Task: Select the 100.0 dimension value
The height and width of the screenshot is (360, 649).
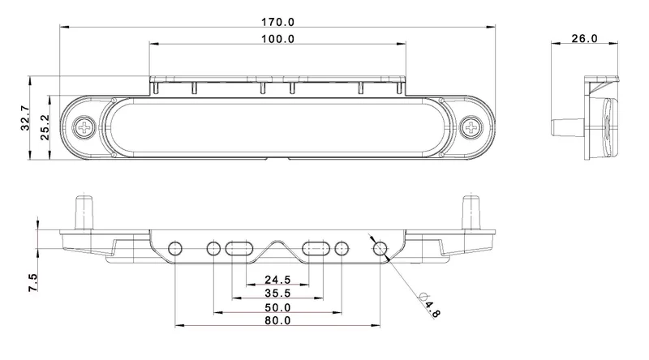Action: [x=278, y=39]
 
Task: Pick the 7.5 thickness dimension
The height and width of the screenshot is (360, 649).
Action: [x=33, y=283]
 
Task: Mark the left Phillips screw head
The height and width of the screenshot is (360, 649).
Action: [x=84, y=127]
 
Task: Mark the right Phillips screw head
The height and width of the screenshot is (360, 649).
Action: [x=471, y=127]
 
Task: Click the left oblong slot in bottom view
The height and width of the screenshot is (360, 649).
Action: [x=239, y=247]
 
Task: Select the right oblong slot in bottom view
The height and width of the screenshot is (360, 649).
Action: [x=316, y=247]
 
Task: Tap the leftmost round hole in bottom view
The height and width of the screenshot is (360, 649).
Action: [x=175, y=248]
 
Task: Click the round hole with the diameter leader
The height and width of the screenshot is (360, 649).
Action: [x=380, y=248]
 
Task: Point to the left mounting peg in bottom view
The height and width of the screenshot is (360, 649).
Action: [x=84, y=212]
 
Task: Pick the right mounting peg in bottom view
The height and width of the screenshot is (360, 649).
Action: [x=471, y=212]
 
